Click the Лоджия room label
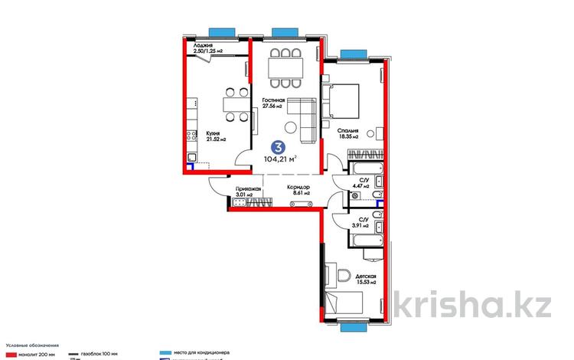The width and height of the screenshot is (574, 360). click(x=203, y=48)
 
